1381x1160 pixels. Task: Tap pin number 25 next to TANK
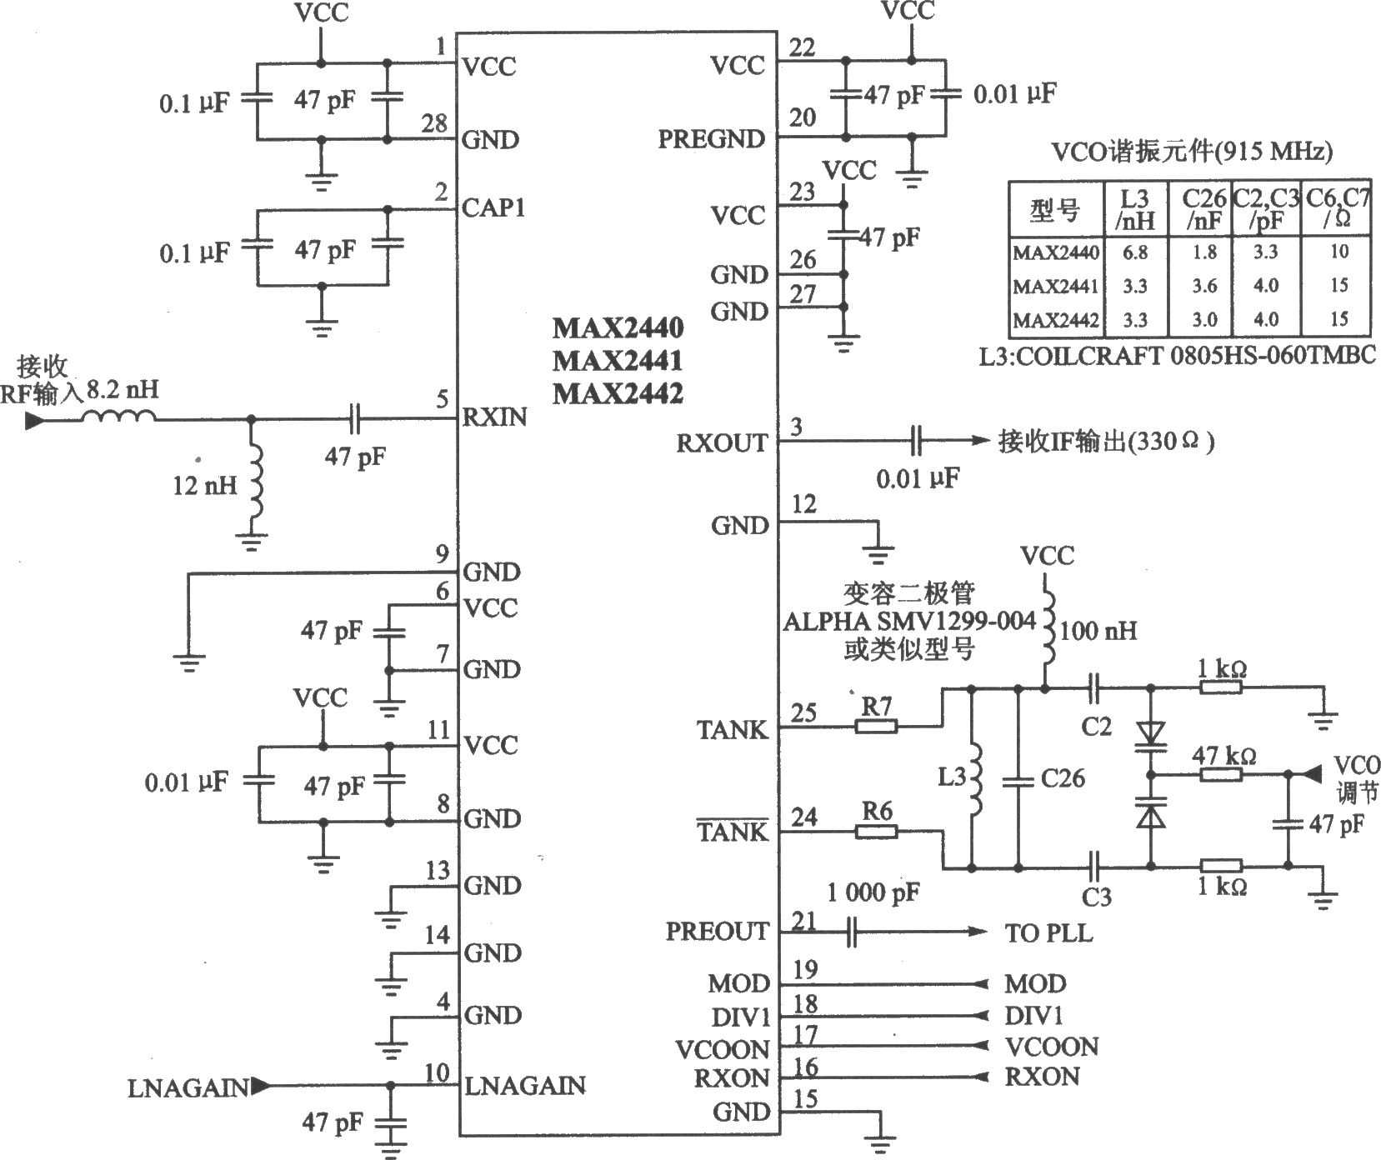(x=804, y=712)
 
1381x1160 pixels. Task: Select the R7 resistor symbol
(x=876, y=727)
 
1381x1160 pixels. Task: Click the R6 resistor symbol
(x=876, y=831)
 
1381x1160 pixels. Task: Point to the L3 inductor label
(x=952, y=777)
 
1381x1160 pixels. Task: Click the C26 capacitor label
(x=1063, y=778)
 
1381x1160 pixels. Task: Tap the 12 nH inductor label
(x=205, y=485)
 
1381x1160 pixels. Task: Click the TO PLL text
(x=1048, y=932)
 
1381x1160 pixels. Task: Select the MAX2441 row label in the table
(x=1056, y=286)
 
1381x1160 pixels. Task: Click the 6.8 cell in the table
(x=1134, y=252)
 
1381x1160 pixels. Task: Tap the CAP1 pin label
(x=493, y=207)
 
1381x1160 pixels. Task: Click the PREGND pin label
(x=711, y=139)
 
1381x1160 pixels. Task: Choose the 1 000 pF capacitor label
(x=873, y=892)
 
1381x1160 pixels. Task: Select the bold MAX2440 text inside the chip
(x=618, y=327)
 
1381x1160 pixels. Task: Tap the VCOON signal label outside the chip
(x=1052, y=1047)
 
